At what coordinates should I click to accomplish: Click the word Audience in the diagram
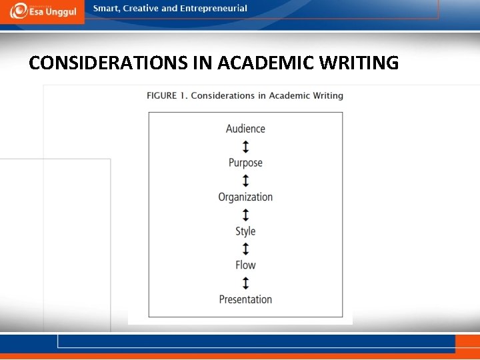pyautogui.click(x=245, y=129)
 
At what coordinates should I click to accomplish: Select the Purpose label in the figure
pyautogui.click(x=245, y=163)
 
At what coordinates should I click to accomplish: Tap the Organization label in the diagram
pyautogui.click(x=245, y=197)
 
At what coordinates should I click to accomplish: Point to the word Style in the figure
pyautogui.click(x=245, y=231)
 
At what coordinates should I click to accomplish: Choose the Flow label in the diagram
pyautogui.click(x=245, y=265)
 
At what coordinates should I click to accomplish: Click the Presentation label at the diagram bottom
pyautogui.click(x=245, y=299)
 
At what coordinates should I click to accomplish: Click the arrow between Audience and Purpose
pyautogui.click(x=245, y=146)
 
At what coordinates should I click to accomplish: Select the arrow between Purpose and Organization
pyautogui.click(x=245, y=180)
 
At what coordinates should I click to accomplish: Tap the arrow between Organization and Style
pyautogui.click(x=245, y=215)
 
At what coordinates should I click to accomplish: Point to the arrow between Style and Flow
pyautogui.click(x=245, y=249)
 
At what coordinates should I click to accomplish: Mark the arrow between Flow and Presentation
pyautogui.click(x=245, y=283)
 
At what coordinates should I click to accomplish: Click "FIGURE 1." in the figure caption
pyautogui.click(x=167, y=96)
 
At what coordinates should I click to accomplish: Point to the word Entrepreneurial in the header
pyautogui.click(x=213, y=9)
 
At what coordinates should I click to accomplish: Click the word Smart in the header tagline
pyautogui.click(x=107, y=9)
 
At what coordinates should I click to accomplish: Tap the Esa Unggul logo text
pyautogui.click(x=53, y=13)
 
